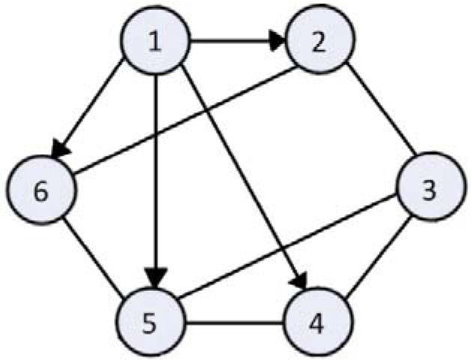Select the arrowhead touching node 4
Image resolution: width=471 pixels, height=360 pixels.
tap(300, 281)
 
